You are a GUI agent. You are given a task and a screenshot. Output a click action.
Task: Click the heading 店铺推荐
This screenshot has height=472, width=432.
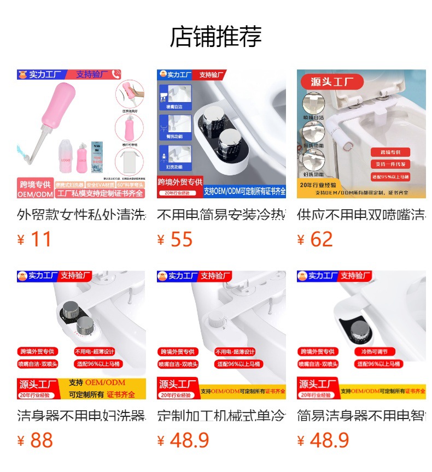tap(215, 37)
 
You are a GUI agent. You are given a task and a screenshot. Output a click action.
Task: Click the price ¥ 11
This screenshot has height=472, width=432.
tap(34, 239)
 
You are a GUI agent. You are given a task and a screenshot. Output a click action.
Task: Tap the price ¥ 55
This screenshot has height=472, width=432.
tap(174, 239)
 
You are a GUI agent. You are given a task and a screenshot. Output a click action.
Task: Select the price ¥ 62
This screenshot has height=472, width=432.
tap(315, 239)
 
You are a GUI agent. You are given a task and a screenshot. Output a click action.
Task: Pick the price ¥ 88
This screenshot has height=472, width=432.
tap(34, 440)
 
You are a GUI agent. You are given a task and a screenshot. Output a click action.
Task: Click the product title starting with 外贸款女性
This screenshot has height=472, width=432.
tap(81, 215)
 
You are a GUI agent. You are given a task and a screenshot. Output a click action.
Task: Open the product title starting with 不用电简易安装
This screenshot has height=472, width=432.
tap(221, 215)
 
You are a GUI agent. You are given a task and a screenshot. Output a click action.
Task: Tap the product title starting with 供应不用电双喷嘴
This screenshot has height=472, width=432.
tap(361, 215)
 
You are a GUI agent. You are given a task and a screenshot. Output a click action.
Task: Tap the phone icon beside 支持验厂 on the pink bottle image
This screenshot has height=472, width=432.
tap(115, 74)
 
